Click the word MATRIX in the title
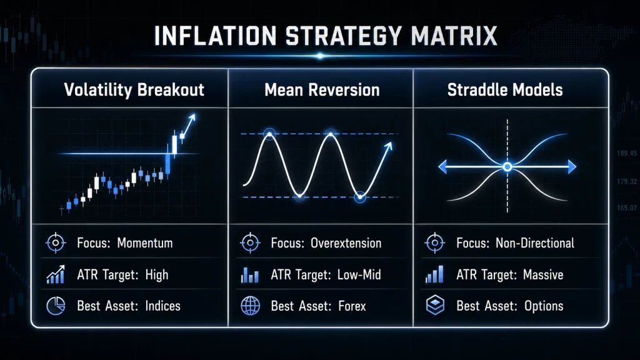[454, 36]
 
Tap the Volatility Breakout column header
[134, 90]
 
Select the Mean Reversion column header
[322, 90]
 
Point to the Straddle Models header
[505, 90]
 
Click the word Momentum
[145, 243]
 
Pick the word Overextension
[346, 243]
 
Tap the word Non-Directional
[535, 243]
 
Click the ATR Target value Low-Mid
[359, 275]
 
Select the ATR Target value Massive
[543, 275]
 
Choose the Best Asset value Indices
[163, 306]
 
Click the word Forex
[352, 306]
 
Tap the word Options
[544, 306]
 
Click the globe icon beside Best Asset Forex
[250, 306]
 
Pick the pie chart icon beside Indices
[56, 306]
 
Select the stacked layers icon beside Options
[435, 305]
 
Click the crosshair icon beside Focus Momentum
[56, 243]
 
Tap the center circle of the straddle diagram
[507, 166]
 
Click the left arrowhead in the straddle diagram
[442, 166]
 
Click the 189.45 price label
[626, 154]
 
